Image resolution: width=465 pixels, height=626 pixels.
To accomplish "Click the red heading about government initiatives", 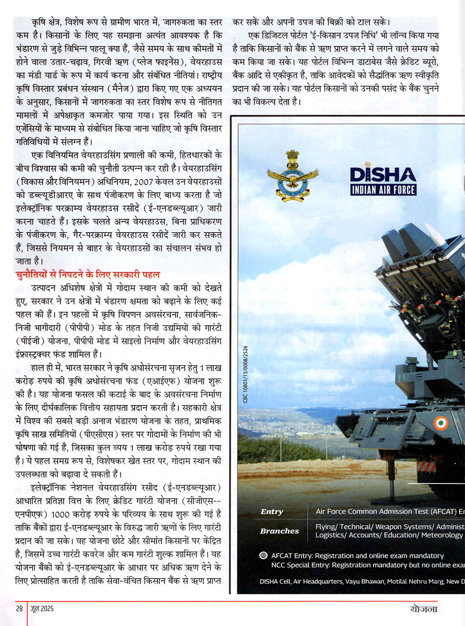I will (x=87, y=275).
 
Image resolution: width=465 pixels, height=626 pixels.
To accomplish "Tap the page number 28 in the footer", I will (x=19, y=608).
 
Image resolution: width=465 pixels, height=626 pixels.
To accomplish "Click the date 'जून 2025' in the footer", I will (x=42, y=608).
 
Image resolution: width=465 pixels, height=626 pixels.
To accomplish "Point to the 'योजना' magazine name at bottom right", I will (x=424, y=609).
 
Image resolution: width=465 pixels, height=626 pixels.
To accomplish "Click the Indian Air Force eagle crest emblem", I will (x=292, y=176).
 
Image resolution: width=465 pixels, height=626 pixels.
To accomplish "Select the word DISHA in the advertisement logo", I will (x=383, y=175).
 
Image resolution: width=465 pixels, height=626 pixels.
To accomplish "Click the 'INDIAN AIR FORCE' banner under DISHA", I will (x=383, y=190).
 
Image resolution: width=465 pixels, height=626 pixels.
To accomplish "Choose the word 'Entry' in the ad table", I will (x=272, y=512).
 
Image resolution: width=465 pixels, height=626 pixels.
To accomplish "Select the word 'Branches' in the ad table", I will (x=279, y=531).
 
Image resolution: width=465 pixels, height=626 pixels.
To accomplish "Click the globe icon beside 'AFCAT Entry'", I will (x=263, y=555).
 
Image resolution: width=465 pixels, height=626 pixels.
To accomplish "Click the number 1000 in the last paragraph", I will (x=60, y=514).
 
